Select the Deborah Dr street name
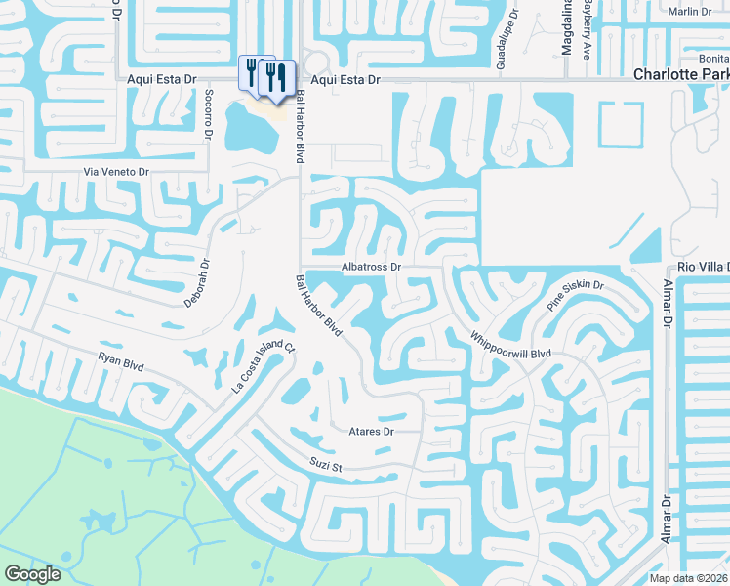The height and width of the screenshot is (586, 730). pyautogui.click(x=197, y=282)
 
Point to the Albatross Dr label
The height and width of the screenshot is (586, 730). pyautogui.click(x=372, y=266)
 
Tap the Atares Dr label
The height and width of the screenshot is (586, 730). pyautogui.click(x=371, y=431)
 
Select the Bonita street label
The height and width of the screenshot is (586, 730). pyautogui.click(x=710, y=59)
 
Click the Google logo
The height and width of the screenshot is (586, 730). pyautogui.click(x=32, y=574)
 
